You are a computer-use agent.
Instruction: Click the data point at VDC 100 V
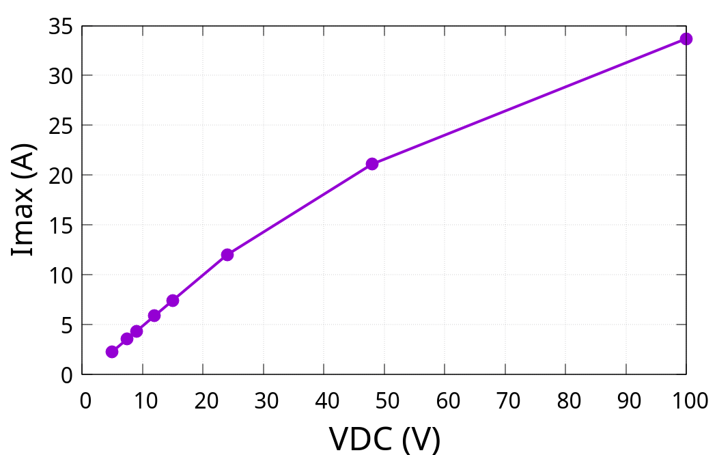tap(686, 39)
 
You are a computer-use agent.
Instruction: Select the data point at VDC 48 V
tap(372, 164)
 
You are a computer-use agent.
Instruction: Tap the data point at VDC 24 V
tap(227, 255)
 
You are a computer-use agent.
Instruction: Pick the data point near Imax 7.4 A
tap(173, 301)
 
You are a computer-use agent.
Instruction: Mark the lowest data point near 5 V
tap(112, 352)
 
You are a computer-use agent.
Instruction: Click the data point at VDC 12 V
tap(154, 316)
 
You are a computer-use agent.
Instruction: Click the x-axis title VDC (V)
tap(384, 438)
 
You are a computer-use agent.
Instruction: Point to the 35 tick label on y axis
tap(60, 26)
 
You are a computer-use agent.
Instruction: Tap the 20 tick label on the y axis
tap(60, 176)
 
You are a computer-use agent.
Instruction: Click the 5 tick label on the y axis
tap(66, 325)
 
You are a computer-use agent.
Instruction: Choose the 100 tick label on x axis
tap(686, 400)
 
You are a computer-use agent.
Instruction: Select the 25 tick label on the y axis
tap(60, 126)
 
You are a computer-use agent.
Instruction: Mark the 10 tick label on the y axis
tap(60, 275)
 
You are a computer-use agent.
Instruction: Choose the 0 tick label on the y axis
tap(66, 375)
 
